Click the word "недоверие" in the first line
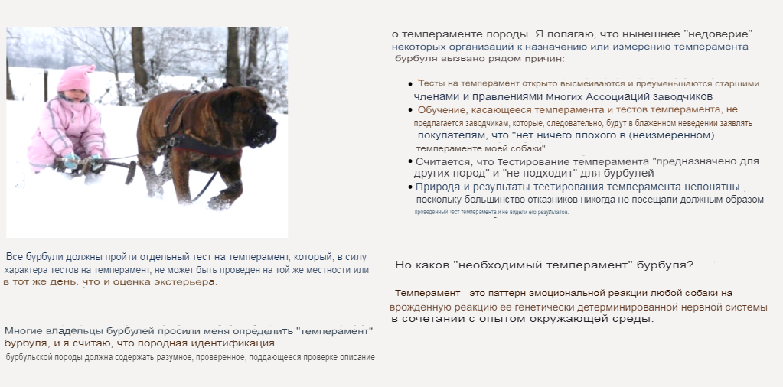[717, 34]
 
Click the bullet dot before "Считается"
[410, 161]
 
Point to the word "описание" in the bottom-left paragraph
[353, 357]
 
